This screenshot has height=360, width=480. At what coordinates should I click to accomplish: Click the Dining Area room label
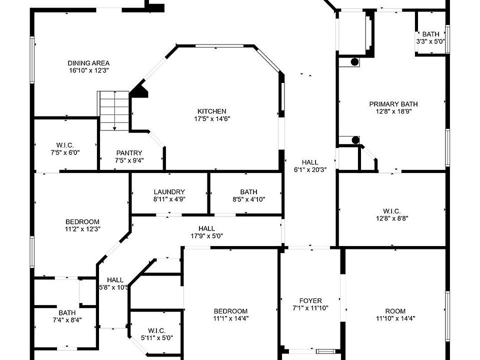coord(88,63)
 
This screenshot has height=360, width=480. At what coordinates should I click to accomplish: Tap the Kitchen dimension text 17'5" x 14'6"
coord(212,119)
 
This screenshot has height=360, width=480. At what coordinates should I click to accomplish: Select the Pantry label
coord(129,153)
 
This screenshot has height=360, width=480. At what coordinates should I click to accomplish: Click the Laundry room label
coord(169,191)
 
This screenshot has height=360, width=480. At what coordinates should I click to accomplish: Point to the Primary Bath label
coord(393,104)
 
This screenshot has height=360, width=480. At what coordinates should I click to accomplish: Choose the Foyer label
coord(310,300)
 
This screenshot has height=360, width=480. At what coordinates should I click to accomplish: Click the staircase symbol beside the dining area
coord(114,110)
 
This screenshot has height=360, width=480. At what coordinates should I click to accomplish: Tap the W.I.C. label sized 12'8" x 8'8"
coord(391,211)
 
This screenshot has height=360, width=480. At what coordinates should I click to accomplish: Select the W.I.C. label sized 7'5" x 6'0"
coord(65,145)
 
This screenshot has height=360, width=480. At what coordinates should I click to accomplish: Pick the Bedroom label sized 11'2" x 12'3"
coord(82,221)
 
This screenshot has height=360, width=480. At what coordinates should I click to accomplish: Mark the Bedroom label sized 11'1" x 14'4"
coord(230,310)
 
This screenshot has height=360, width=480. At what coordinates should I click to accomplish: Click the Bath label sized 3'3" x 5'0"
coord(430,34)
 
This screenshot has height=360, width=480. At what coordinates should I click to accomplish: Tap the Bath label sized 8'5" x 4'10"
coord(248,191)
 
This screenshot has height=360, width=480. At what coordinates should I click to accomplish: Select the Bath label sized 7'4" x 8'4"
coord(67,313)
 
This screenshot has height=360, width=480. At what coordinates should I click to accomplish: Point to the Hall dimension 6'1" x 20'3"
coord(310,169)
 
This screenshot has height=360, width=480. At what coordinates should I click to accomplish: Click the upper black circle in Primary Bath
coord(354,62)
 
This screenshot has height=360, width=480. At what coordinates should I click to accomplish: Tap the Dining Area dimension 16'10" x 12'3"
coord(88,70)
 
